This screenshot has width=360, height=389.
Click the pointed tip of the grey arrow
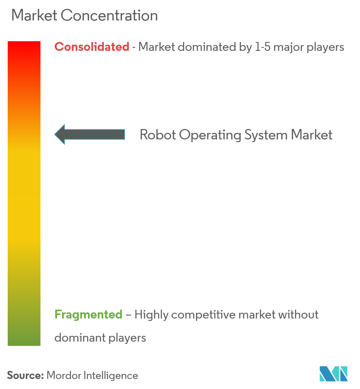[55, 134]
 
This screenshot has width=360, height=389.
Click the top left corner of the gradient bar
[8, 42]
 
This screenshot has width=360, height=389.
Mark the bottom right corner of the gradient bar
[40, 346]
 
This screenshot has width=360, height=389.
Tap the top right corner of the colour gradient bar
[40, 42]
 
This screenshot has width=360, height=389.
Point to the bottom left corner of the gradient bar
[8, 346]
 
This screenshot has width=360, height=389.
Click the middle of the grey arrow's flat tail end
[124, 134]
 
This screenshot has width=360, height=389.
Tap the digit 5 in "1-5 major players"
[267, 47]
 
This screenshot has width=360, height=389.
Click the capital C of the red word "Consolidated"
[59, 47]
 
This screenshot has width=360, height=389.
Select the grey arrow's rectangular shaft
[94, 134]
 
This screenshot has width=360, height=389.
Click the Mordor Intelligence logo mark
[333, 373]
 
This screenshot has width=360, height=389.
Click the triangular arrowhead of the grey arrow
[60, 134]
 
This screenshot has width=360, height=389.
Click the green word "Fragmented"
[88, 315]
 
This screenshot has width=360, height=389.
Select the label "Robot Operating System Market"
[236, 135]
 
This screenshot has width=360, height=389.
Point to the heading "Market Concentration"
[85, 15]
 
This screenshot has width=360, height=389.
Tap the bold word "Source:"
[25, 376]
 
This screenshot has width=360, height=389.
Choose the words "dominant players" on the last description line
[100, 338]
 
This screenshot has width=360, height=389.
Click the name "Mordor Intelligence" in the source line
[93, 376]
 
